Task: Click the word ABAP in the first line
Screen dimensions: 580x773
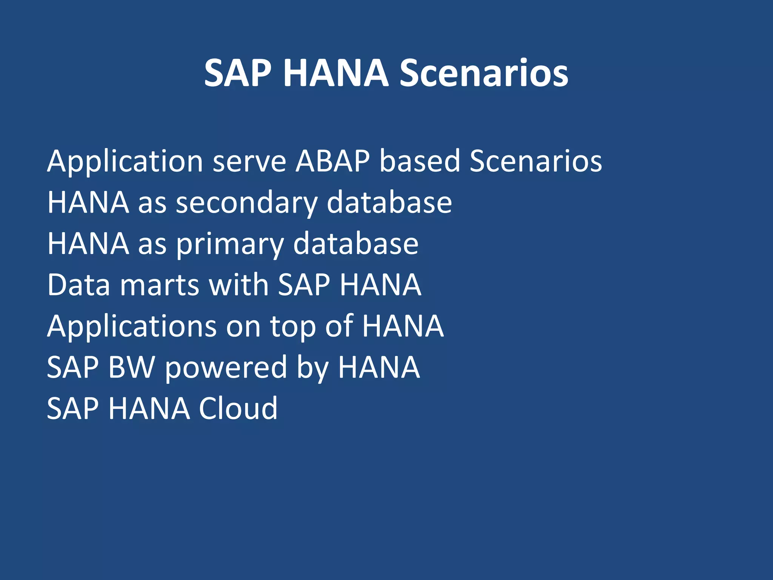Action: [x=333, y=161]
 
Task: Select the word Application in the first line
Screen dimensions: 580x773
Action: [x=125, y=161]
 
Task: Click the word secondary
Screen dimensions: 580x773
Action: [x=247, y=203]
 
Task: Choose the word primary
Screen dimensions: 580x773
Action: [x=230, y=244]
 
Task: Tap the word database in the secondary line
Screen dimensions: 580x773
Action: [x=389, y=203]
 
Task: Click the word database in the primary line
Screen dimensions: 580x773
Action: [x=356, y=244]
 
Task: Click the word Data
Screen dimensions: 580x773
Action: [x=79, y=285]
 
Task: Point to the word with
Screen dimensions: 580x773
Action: [x=239, y=285]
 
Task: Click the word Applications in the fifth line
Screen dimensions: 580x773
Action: [x=132, y=327]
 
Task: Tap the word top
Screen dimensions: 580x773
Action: [x=293, y=327]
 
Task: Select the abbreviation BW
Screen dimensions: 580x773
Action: [x=132, y=367]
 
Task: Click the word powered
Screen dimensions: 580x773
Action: [x=226, y=368]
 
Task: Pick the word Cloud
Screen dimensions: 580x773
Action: [x=238, y=409]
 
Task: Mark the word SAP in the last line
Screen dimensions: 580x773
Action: [x=73, y=409]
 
